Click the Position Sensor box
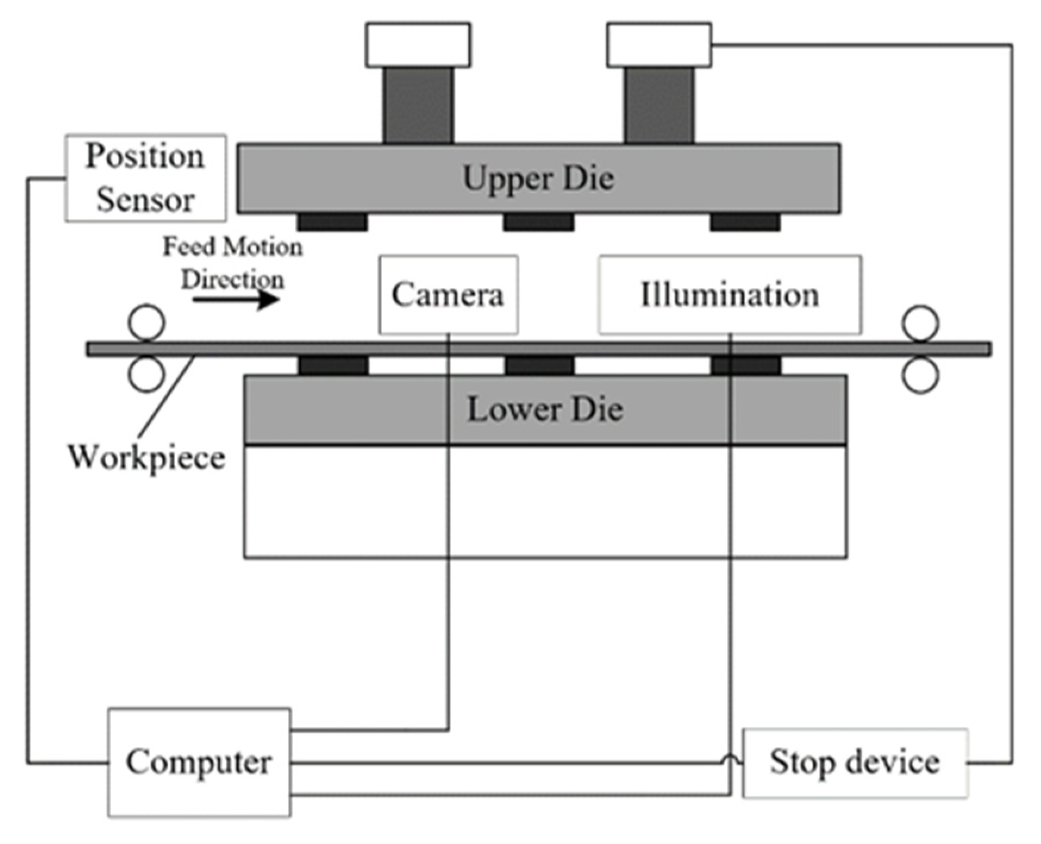[145, 178]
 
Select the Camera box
[448, 294]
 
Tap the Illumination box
[730, 294]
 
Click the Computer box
[199, 762]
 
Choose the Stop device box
[855, 763]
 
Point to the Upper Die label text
[538, 178]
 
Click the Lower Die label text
[545, 410]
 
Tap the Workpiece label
[146, 457]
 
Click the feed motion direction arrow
[236, 299]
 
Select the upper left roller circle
[146, 322]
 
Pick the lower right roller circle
[920, 375]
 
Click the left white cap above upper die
[418, 45]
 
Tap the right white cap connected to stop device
[659, 45]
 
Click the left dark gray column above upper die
[418, 105]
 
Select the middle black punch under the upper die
[539, 222]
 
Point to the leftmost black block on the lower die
[333, 365]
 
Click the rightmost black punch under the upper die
[745, 222]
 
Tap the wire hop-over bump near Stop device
[731, 759]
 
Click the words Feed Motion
[233, 246]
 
